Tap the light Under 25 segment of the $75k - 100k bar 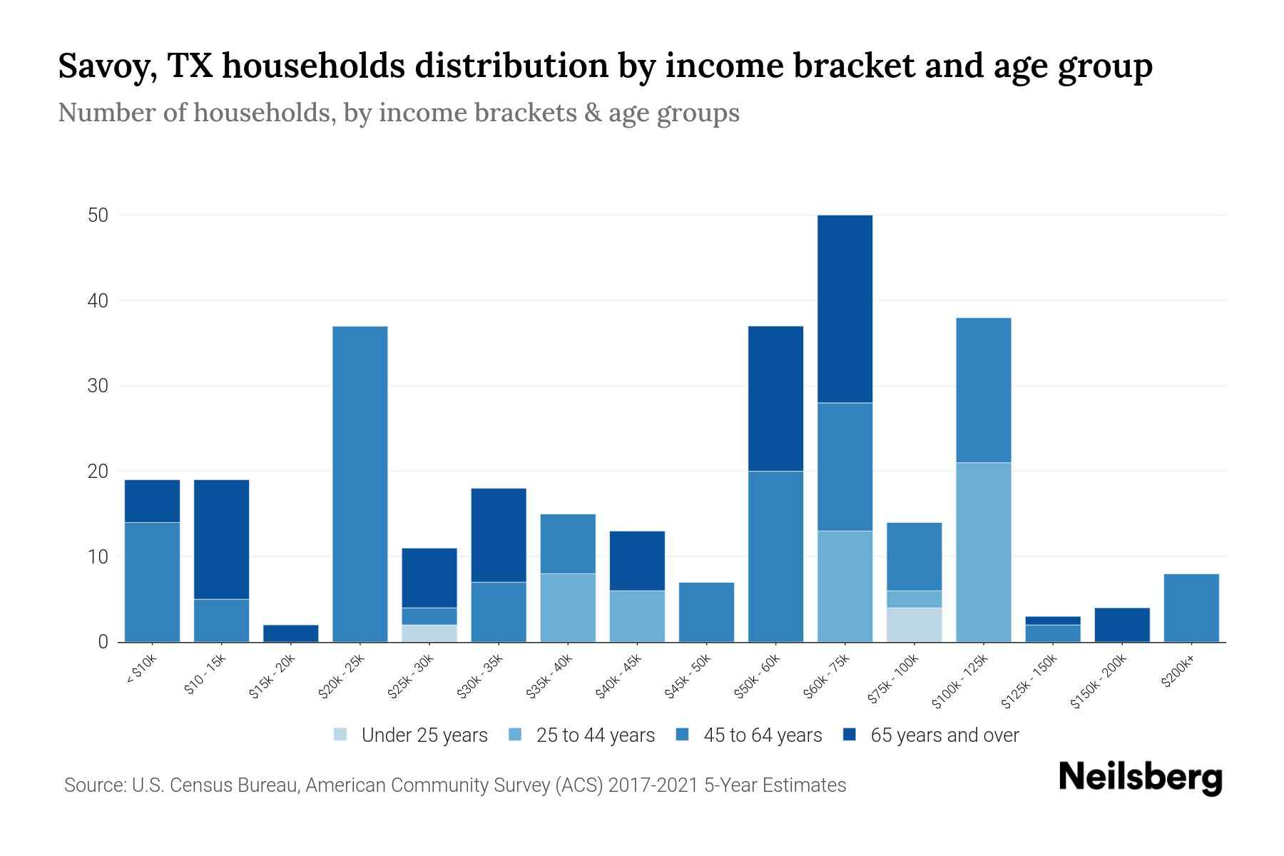(914, 624)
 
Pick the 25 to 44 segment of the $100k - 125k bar (983, 552)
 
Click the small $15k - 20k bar (291, 633)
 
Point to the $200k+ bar (1191, 608)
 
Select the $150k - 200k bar (1121, 625)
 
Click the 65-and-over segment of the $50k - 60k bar (775, 398)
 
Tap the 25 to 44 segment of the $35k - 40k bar (568, 608)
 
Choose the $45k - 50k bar (706, 612)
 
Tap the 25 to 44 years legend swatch (515, 735)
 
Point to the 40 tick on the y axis (98, 301)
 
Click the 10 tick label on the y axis (98, 557)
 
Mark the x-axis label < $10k (141, 671)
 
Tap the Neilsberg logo (1140, 778)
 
